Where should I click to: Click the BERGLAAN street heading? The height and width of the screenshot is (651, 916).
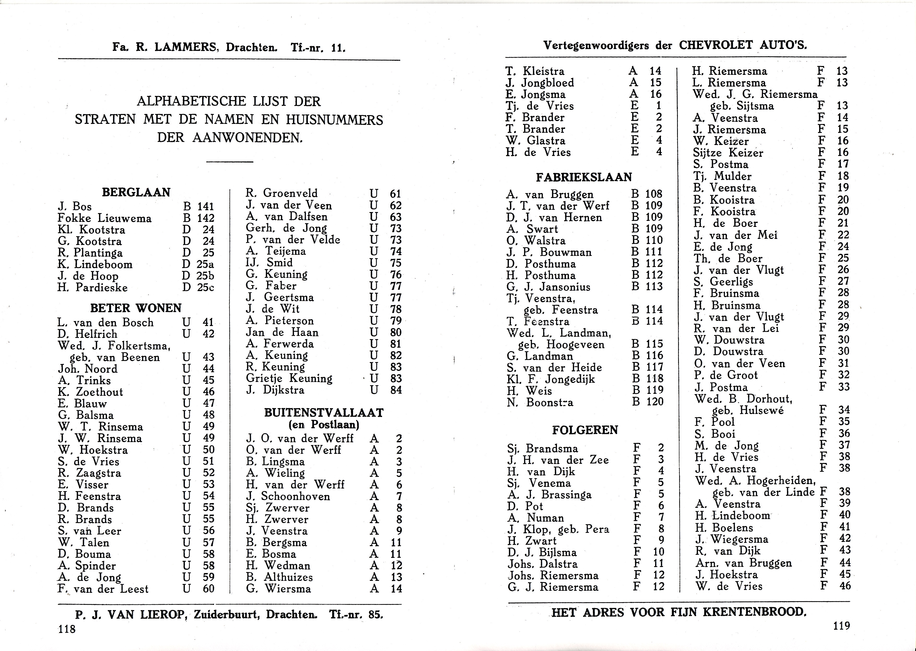136,192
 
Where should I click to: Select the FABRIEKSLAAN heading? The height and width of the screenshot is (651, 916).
584,177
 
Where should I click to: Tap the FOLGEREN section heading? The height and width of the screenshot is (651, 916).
585,430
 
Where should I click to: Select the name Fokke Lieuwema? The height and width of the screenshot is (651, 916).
104,219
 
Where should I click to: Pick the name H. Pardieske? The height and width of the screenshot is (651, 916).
93,288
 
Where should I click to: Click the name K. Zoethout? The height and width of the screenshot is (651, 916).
90,392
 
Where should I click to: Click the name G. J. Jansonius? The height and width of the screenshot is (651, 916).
548,287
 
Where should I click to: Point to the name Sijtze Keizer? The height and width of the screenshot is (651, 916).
728,153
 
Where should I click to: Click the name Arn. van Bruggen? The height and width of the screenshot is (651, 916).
743,563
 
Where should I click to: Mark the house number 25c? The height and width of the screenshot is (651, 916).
205,288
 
